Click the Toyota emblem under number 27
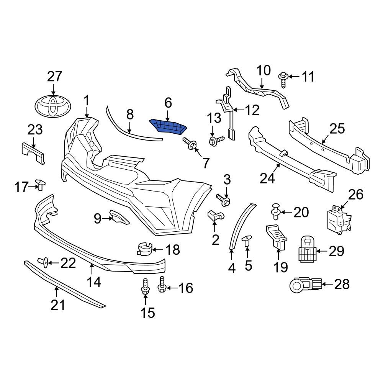point(53,106)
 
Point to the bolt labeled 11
point(283,77)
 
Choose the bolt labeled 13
point(216,141)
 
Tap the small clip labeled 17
point(39,184)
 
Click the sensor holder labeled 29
point(306,250)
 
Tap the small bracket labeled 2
point(215,216)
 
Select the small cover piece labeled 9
point(119,216)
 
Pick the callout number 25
point(337,129)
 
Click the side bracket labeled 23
point(33,152)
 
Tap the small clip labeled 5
point(247,241)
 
